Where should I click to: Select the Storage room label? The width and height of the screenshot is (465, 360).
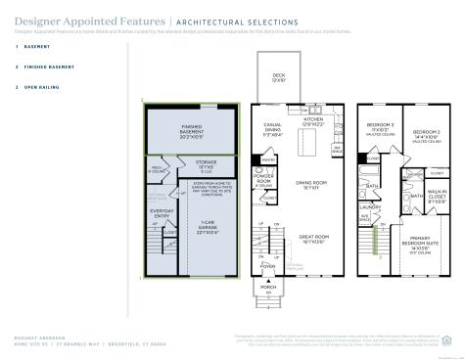click(206, 164)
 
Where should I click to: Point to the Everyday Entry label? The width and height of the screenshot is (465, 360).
click(161, 212)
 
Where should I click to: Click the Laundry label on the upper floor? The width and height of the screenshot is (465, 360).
click(370, 207)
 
